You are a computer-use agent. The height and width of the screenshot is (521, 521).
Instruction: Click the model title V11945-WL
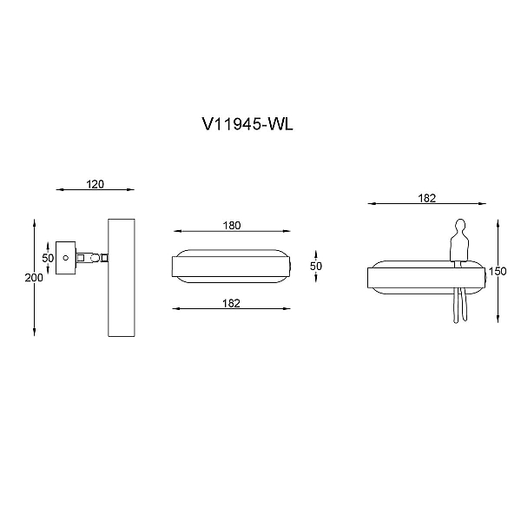click(x=247, y=124)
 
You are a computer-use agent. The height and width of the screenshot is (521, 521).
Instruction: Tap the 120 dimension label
click(x=95, y=184)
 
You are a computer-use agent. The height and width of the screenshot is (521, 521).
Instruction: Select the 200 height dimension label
click(x=34, y=278)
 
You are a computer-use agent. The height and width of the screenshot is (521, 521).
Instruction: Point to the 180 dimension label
click(x=232, y=225)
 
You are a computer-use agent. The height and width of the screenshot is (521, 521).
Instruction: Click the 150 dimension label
click(x=498, y=271)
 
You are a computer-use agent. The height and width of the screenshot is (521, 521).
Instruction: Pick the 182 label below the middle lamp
click(x=231, y=303)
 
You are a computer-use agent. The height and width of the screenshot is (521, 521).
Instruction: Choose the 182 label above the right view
click(x=426, y=198)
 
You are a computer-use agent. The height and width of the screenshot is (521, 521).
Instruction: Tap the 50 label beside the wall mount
click(x=48, y=258)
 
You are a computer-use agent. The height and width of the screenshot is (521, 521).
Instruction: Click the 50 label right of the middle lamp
click(x=316, y=266)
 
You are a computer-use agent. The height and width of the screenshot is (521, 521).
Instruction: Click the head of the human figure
click(x=460, y=224)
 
